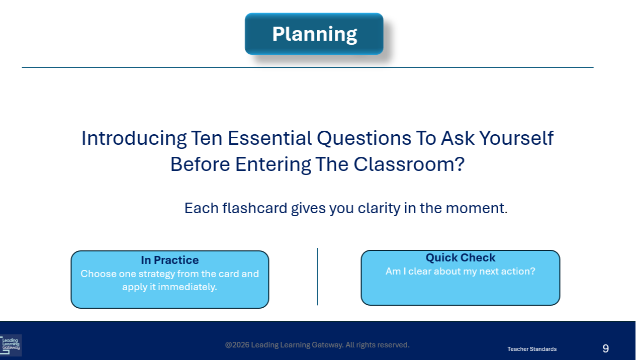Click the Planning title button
click(x=314, y=34)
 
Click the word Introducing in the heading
click(x=134, y=138)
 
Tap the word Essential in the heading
click(x=269, y=138)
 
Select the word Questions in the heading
click(x=364, y=138)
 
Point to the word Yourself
click(x=516, y=138)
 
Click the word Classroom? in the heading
click(x=409, y=164)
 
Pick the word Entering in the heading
click(x=273, y=165)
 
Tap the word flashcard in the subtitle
click(x=254, y=208)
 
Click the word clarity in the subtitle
click(x=379, y=209)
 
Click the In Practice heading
click(x=170, y=260)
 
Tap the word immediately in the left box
click(x=187, y=287)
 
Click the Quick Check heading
click(x=461, y=257)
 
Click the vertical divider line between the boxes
click(x=317, y=277)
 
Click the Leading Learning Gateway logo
click(x=11, y=345)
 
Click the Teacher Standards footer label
click(x=532, y=349)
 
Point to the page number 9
click(x=605, y=348)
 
